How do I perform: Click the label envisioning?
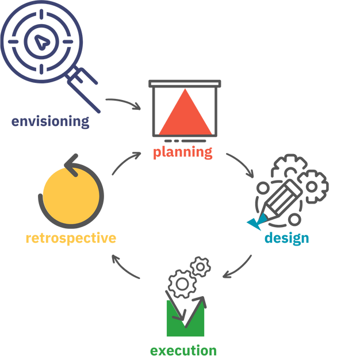tap(51, 121)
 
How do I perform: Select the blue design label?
tap(287, 238)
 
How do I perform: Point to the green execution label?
tap(183, 350)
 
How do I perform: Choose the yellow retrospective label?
tap(71, 238)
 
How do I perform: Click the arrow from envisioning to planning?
tap(123, 104)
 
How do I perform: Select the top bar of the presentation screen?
tap(185, 84)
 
